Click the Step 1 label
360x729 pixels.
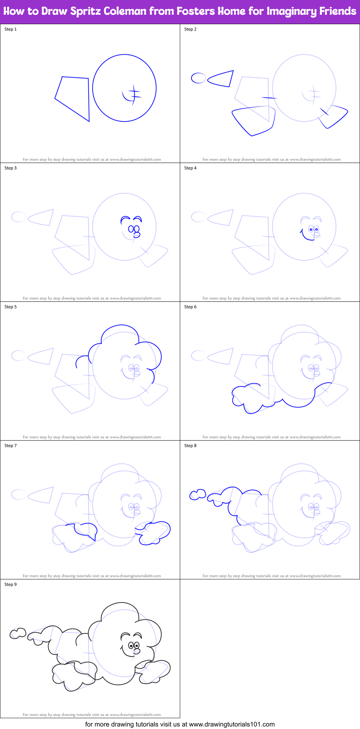(x=10, y=29)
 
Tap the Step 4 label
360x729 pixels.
(x=190, y=168)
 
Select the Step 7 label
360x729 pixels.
(x=10, y=446)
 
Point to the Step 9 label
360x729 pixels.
(x=10, y=584)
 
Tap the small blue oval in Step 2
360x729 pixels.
(x=198, y=78)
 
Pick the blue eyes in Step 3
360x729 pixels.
(x=134, y=229)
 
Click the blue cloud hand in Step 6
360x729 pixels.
(x=249, y=398)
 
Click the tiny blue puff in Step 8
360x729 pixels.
(x=197, y=495)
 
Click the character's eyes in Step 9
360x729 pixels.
(x=134, y=645)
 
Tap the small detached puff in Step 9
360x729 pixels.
(x=18, y=633)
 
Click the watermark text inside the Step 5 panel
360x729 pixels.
(x=92, y=437)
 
